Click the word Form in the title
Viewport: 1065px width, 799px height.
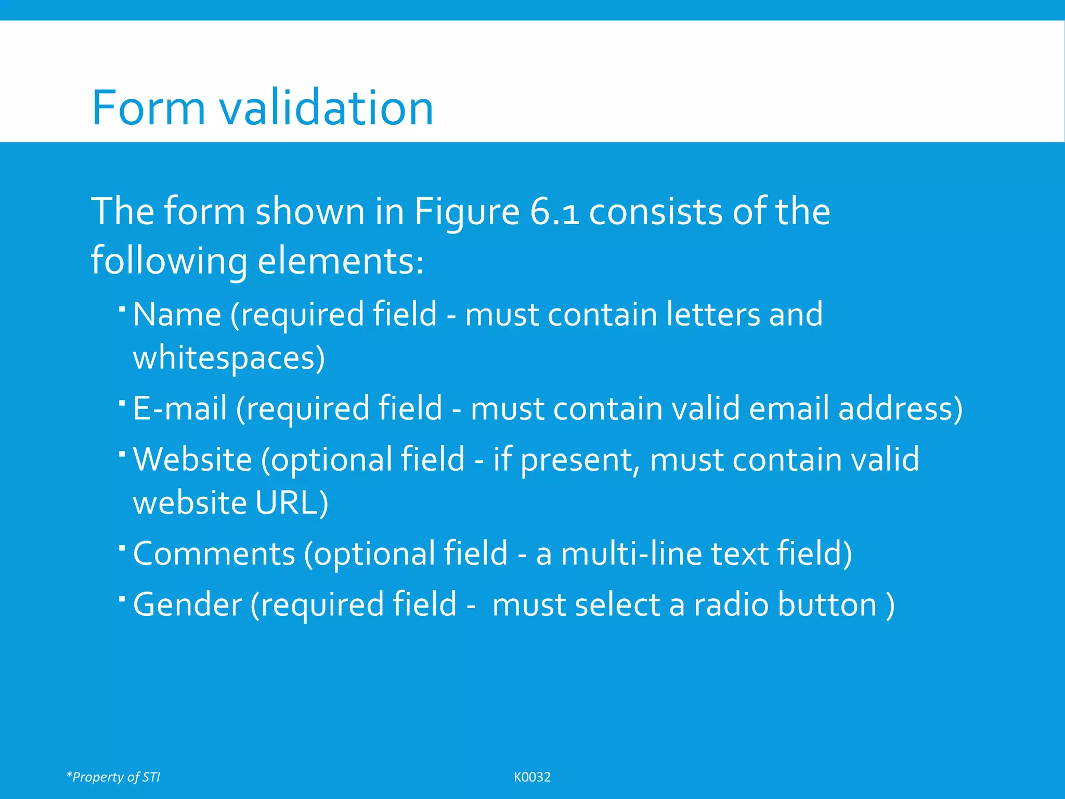click(x=149, y=108)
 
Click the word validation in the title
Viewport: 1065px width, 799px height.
click(x=326, y=108)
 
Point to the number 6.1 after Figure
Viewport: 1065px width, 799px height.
click(x=554, y=212)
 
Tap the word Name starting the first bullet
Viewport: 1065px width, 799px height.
click(x=177, y=315)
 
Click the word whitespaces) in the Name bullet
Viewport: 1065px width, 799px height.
click(x=229, y=358)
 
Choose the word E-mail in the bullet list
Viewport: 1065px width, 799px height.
click(x=180, y=408)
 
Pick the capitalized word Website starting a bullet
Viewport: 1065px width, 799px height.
click(x=192, y=459)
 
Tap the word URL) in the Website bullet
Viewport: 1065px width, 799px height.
click(x=292, y=503)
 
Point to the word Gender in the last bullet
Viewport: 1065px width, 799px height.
click(x=188, y=604)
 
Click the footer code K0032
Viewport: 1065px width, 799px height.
click(x=532, y=777)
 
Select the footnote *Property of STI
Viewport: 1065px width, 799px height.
click(x=113, y=777)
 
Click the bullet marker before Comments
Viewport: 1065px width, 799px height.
click(x=122, y=548)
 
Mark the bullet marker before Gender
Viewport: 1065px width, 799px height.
click(x=122, y=599)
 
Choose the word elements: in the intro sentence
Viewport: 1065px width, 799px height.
click(x=341, y=261)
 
